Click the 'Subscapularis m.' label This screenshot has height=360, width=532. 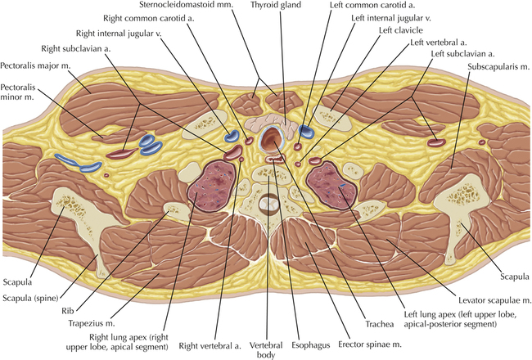tap(495, 64)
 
